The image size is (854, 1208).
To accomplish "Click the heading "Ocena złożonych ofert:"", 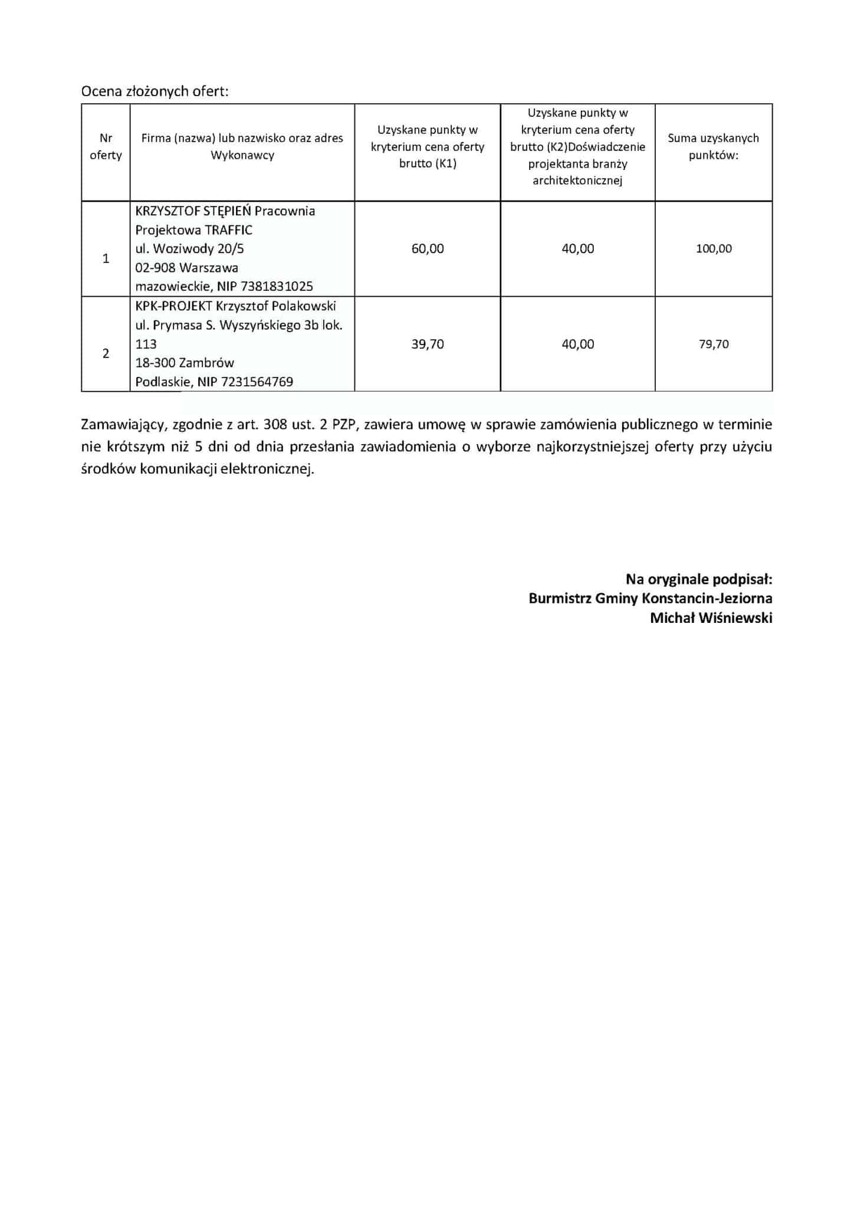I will tap(155, 91).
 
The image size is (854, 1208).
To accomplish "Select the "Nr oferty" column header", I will tap(106, 146).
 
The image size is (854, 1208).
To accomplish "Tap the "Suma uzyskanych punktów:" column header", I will tap(713, 146).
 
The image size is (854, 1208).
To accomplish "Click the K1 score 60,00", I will tap(428, 249).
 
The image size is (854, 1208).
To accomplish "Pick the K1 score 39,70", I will tap(428, 344).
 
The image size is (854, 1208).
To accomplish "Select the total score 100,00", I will tap(714, 249).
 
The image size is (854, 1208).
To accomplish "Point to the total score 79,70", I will tap(714, 344).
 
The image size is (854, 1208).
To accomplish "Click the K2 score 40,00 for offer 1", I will tap(578, 249).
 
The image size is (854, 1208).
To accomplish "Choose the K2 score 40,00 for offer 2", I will tap(578, 344).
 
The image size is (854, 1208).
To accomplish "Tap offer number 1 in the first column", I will tap(106, 258).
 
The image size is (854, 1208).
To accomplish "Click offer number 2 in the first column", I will tap(106, 354).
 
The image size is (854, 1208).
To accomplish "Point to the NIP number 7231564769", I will tap(257, 382).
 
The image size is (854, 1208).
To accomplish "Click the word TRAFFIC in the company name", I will tap(229, 230).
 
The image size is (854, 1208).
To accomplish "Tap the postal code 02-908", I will tap(155, 268).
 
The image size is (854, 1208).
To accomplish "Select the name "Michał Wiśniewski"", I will tap(711, 618).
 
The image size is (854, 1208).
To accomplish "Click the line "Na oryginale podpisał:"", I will tap(699, 579).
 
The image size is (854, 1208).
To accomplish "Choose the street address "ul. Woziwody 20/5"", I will tap(189, 249).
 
